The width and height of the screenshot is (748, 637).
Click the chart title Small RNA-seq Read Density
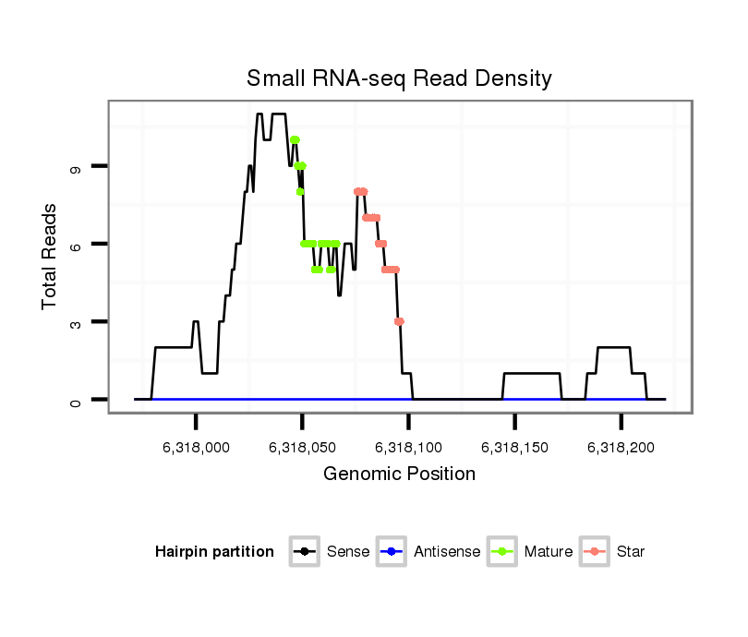coord(399,78)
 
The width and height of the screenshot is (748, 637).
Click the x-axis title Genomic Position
coord(399,475)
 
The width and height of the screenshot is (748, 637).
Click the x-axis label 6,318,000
coord(196,447)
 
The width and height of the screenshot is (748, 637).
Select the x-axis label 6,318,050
coord(302,447)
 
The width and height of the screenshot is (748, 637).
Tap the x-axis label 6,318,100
coord(408,447)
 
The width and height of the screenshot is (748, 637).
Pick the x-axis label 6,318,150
coord(514,447)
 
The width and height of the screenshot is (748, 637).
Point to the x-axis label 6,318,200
coord(621,447)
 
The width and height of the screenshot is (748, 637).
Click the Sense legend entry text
coord(348,552)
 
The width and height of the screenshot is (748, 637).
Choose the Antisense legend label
coord(447,552)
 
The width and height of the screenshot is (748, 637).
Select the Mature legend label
coord(549,552)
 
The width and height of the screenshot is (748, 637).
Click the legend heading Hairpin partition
coord(215,552)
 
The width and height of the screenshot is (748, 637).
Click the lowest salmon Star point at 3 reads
coord(399,321)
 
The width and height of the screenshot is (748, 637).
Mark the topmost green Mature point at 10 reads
coord(295,140)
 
